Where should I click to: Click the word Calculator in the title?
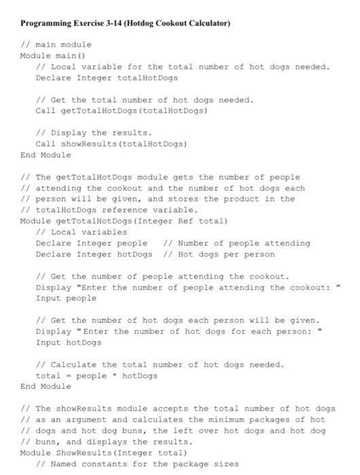208,23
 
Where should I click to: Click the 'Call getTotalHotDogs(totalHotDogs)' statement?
121,110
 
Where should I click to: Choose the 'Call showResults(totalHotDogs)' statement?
111,144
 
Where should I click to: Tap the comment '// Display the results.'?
94,133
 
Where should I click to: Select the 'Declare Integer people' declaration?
91,243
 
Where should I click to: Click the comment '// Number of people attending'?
237,243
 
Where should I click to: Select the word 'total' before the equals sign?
48,375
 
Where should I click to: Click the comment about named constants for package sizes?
138,463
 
